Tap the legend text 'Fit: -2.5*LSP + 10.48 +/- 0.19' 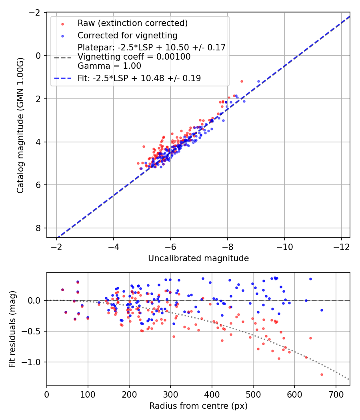(139, 78)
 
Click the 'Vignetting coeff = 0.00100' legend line (134, 57)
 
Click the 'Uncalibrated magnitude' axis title (198, 258)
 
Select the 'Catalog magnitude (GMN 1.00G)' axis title (20, 125)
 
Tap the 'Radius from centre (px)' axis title (198, 406)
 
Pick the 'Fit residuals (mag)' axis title (12, 329)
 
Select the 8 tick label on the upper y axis (39, 228)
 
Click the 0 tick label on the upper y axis (39, 56)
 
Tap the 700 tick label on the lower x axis (336, 393)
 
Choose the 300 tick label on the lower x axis (170, 393)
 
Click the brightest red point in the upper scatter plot (242, 81)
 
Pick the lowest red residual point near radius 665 (322, 374)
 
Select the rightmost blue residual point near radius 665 (322, 310)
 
